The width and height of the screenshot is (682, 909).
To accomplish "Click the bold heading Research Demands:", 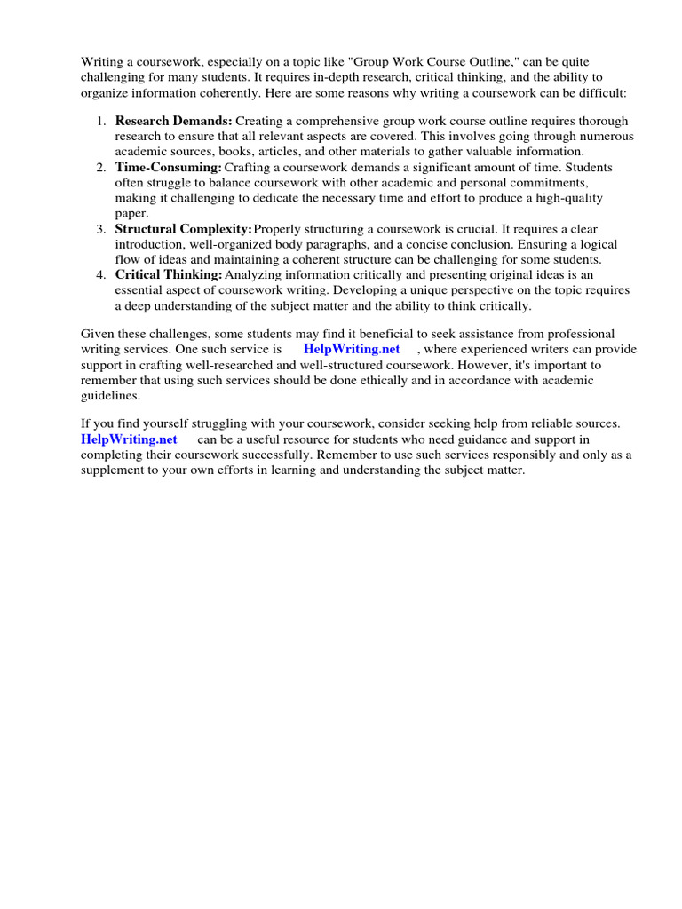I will (174, 120).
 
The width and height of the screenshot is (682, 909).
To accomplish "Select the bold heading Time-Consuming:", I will (168, 167).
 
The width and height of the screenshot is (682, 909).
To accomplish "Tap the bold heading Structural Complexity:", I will (183, 229).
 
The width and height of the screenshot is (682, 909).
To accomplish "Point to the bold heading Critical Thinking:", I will (169, 275).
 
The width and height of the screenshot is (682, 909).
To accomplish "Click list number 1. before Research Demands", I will (102, 120).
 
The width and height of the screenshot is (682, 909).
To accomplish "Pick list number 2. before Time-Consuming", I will (102, 167).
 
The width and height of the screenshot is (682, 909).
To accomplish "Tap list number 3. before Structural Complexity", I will (102, 229).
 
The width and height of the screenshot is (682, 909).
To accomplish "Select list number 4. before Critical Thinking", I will (102, 275).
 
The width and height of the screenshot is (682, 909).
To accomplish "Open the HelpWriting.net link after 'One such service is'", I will (352, 349).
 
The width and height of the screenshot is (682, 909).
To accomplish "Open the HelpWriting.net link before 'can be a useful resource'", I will (130, 439).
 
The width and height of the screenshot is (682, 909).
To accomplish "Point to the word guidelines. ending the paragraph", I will (111, 396).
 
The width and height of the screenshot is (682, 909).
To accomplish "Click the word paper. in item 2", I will (131, 213).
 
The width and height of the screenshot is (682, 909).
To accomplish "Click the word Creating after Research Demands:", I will (259, 120).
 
